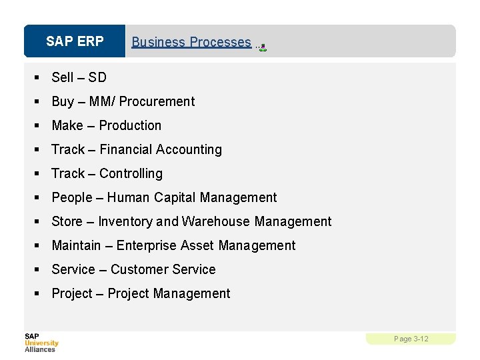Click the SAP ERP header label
click(75, 41)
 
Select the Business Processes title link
click(191, 42)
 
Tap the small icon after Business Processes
click(263, 47)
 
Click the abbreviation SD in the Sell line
click(97, 77)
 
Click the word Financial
click(126, 149)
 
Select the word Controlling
click(131, 173)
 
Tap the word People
click(71, 197)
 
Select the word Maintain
click(76, 245)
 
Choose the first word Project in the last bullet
click(72, 293)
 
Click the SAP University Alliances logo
click(41, 343)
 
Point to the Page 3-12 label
click(411, 339)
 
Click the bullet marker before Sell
click(38, 78)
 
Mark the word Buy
click(63, 101)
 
